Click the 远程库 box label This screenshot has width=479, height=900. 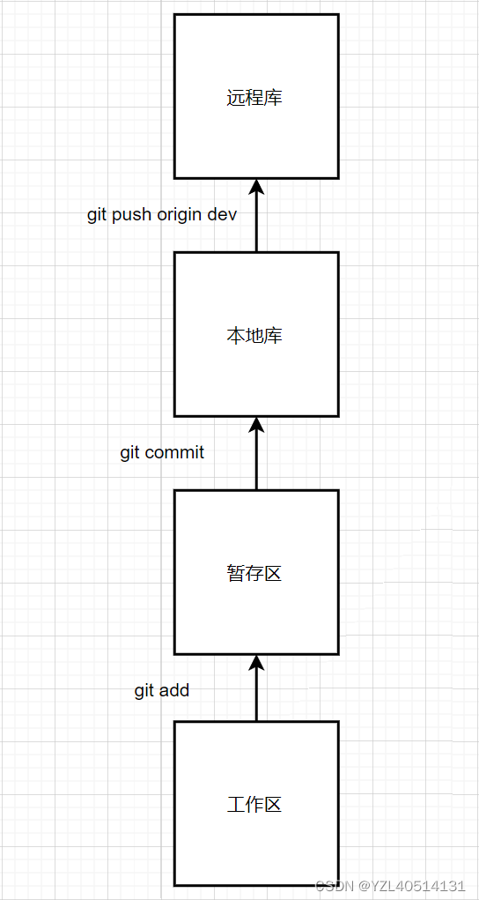pos(254,98)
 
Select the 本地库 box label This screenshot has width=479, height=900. pos(254,336)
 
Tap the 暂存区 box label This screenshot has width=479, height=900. pos(254,573)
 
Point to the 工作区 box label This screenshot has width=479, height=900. pos(254,805)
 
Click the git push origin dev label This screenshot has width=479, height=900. pos(162,215)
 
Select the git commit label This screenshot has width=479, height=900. pos(162,453)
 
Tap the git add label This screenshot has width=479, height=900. pos(162,690)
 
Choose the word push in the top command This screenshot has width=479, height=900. pos(134,216)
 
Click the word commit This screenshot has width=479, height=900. pos(175,453)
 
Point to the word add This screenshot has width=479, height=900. pos(175,690)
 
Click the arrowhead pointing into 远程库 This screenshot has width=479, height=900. pos(256,186)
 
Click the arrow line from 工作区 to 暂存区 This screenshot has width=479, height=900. pos(256,688)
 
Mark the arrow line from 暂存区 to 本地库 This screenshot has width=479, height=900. pos(256,453)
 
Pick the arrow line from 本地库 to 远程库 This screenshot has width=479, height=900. pos(256,215)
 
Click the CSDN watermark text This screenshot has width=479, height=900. pos(335,886)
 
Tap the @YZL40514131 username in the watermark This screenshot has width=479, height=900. pos(412,886)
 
